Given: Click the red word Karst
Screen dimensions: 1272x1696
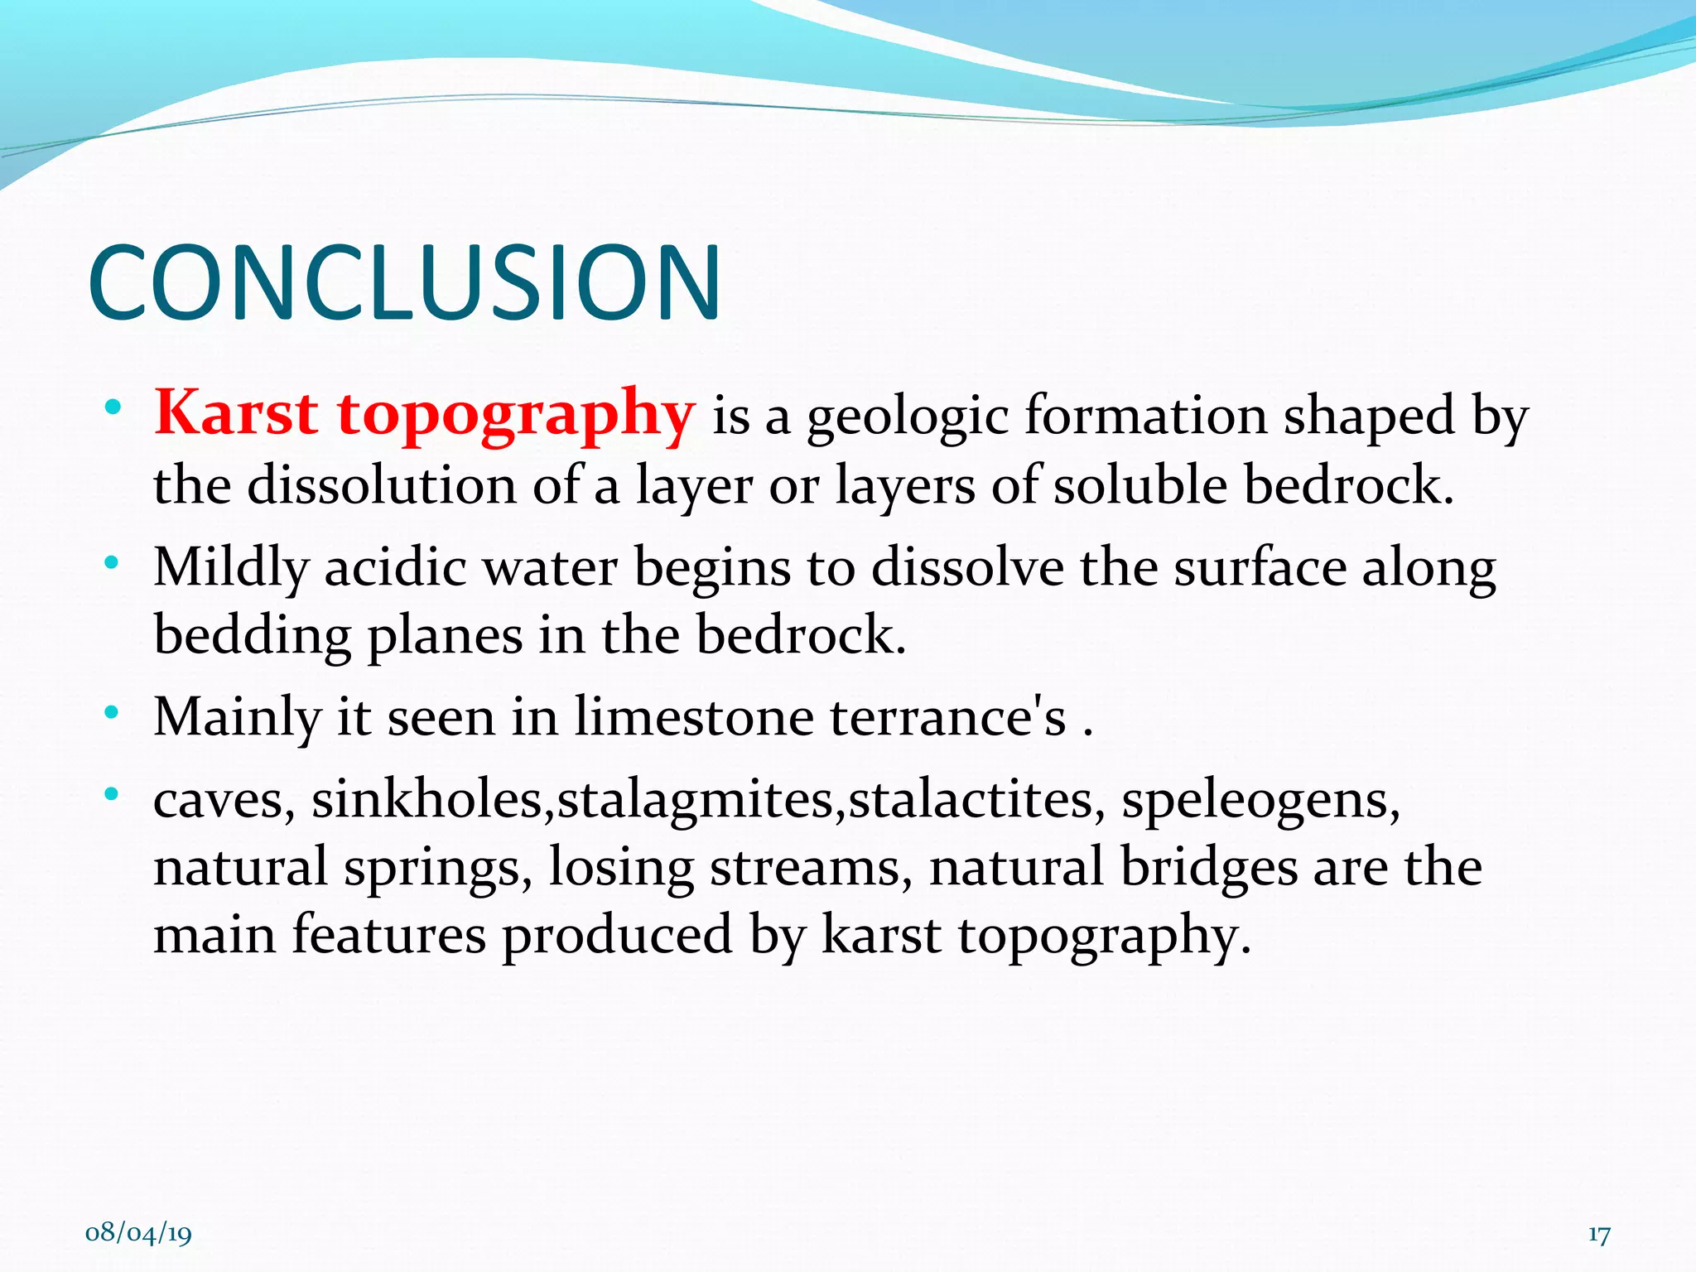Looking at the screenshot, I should pos(236,413).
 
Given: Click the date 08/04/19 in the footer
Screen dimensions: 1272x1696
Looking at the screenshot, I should pos(138,1233).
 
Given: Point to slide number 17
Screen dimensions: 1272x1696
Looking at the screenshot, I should pos(1599,1235).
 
